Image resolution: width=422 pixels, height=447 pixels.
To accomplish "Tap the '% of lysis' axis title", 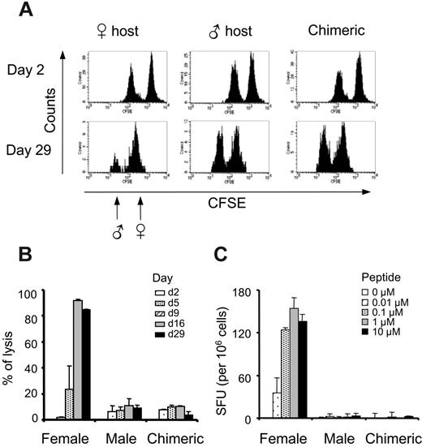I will click(x=15, y=355).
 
